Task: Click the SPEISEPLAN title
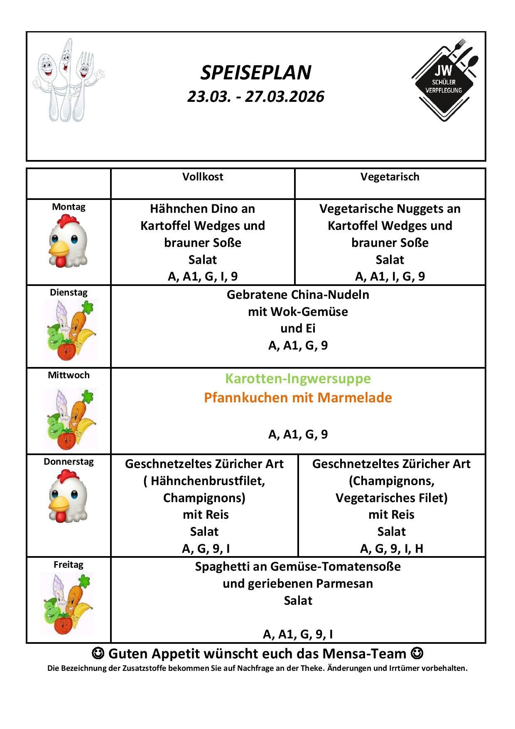click(256, 73)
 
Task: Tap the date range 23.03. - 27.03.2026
click(256, 96)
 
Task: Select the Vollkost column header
click(203, 177)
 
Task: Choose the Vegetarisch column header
click(390, 177)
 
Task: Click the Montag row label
click(69, 207)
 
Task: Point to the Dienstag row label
click(69, 293)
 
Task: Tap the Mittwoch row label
click(69, 375)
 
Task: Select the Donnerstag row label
click(69, 462)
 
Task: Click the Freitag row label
click(69, 565)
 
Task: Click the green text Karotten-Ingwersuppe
click(298, 379)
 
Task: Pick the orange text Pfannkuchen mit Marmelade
click(298, 398)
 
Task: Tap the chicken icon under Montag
click(68, 244)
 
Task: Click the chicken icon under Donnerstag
click(68, 496)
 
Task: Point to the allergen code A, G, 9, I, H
click(391, 549)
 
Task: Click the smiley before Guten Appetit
click(98, 653)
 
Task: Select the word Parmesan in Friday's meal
click(344, 584)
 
